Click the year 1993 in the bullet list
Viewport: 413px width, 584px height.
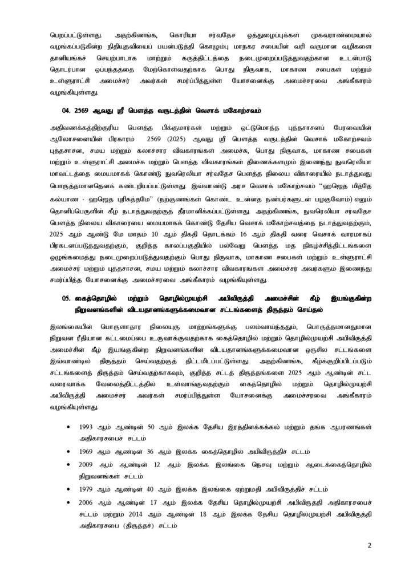tap(90, 427)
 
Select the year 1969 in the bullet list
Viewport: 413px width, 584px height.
tap(90, 451)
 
